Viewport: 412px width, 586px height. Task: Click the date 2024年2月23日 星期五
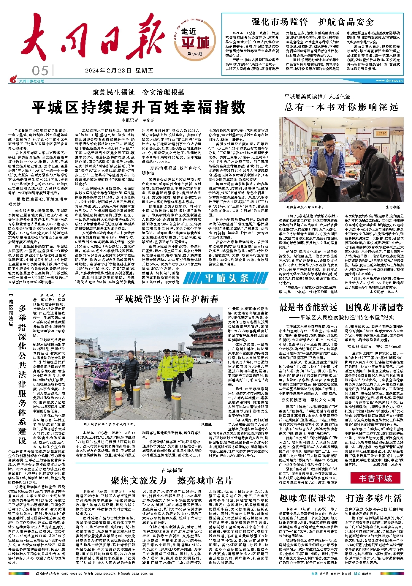(119, 71)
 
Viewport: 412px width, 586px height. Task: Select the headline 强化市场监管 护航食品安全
(313, 22)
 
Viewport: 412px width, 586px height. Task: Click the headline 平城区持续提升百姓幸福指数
(139, 107)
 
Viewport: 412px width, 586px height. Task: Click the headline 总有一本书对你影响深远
(341, 107)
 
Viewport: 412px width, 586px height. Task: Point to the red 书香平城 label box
(375, 478)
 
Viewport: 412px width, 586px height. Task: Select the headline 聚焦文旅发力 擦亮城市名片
(172, 480)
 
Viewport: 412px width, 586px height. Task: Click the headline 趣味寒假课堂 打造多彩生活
(341, 498)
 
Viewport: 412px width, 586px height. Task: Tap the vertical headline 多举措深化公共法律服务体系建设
(23, 374)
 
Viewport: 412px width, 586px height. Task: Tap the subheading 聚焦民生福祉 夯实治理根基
(138, 92)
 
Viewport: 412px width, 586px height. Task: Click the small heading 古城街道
(172, 470)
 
